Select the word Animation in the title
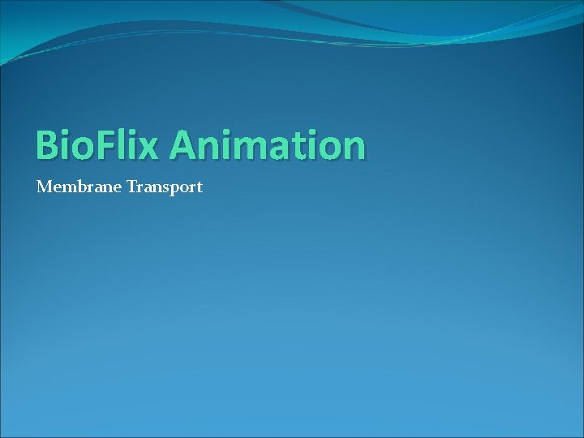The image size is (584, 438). pos(268,146)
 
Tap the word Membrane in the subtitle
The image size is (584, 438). pos(79,187)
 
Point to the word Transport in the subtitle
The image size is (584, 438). pos(165,187)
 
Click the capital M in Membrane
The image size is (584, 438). pos(44,187)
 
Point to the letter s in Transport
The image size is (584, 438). pos(163,188)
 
